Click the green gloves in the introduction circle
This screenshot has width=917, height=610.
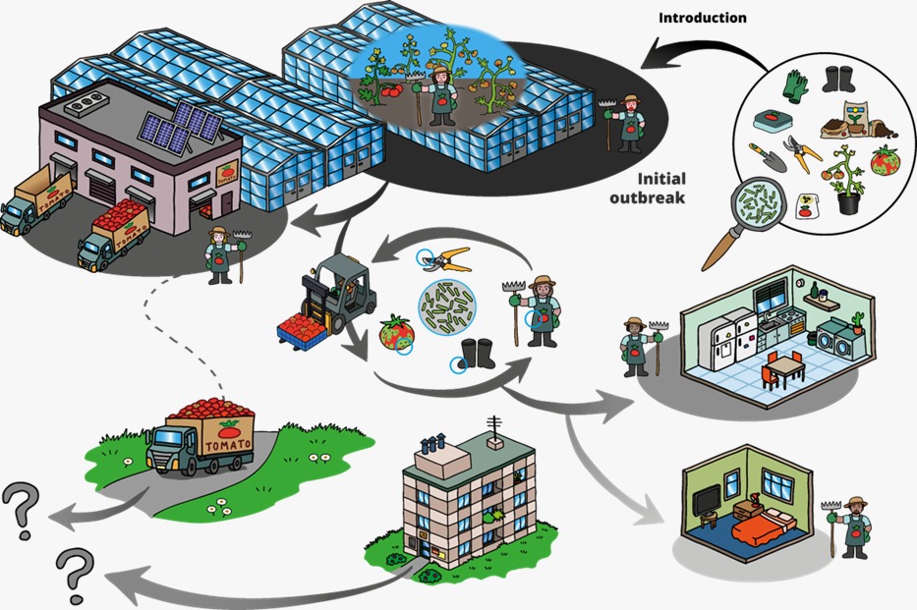coord(794,85)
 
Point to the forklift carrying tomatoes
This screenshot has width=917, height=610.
coord(330,299)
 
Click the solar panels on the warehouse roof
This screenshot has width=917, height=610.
coord(181,129)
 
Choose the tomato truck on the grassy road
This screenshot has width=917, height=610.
coord(201,436)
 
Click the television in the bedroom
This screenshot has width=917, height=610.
coord(705,503)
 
